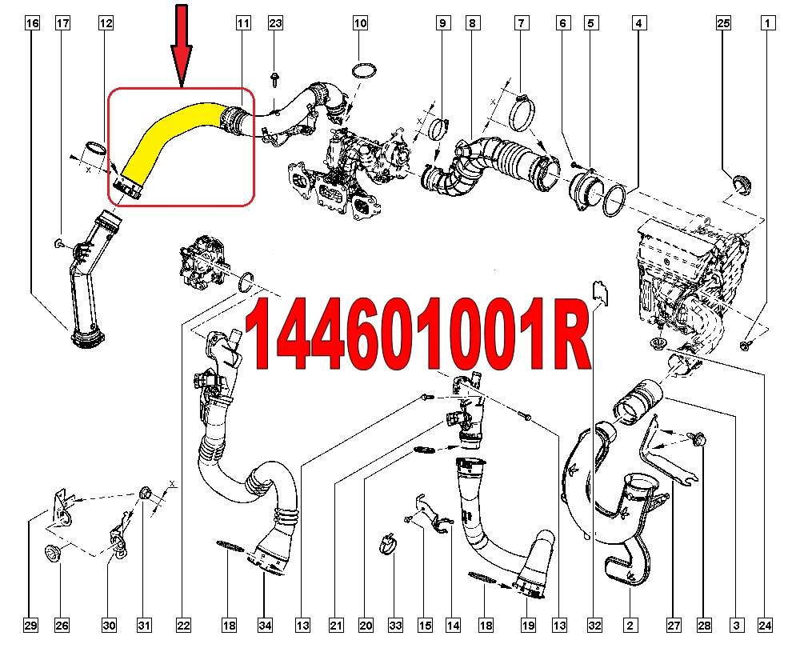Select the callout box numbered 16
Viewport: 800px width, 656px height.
pos(31,24)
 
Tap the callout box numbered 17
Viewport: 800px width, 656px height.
pos(62,24)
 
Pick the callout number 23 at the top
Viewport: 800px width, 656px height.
pos(275,24)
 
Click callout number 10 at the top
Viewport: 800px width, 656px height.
pos(360,24)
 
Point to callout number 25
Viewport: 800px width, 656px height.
pos(723,24)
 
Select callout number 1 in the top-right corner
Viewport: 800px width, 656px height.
pos(766,24)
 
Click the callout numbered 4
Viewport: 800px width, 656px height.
pos(638,24)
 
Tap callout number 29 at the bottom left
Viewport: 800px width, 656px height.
pos(30,625)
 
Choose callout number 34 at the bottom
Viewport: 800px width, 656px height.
pos(264,625)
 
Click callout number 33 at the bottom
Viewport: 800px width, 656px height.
pos(394,625)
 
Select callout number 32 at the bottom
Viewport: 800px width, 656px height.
pos(593,625)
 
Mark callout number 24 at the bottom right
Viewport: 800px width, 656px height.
pos(766,625)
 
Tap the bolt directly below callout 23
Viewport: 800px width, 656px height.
pos(275,79)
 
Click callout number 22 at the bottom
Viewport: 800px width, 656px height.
pos(184,625)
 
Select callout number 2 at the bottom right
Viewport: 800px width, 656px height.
pos(630,625)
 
